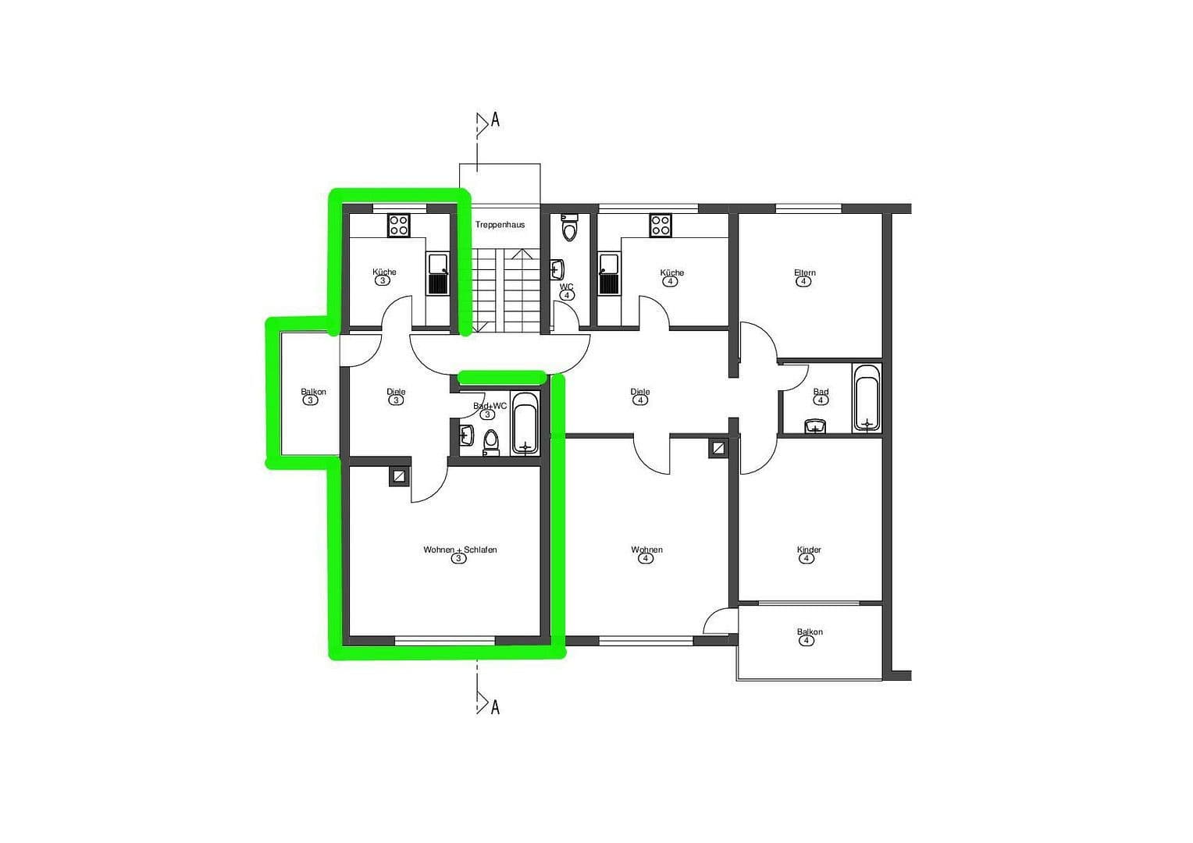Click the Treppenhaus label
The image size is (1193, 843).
coord(500,225)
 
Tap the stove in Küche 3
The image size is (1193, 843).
coord(399,225)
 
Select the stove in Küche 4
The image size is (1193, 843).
coord(661,225)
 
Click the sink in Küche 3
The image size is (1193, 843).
coord(438,273)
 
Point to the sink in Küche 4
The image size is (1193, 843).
coord(608,273)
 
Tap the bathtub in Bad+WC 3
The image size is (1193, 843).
coord(525,424)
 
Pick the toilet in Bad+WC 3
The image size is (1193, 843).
coord(490,442)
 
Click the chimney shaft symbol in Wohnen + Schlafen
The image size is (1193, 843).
coord(399,476)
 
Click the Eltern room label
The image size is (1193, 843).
coord(804,273)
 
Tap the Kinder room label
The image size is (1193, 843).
coord(809,550)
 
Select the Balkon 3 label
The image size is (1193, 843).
coord(313,392)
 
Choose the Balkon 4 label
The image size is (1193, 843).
coord(810,632)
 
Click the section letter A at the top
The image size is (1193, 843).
coord(494,121)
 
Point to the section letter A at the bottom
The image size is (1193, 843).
coord(494,707)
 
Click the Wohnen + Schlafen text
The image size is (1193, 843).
coord(460,550)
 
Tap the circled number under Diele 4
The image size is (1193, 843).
coord(640,400)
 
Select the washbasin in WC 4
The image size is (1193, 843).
coord(557,270)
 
